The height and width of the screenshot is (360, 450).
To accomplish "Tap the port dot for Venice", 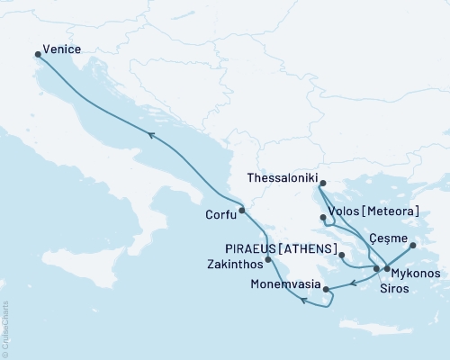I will (x=38, y=55).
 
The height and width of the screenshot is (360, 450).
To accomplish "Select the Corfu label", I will (x=220, y=215).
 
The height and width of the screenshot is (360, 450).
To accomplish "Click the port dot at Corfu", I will (x=242, y=211).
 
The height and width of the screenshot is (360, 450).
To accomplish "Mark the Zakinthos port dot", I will (x=268, y=259).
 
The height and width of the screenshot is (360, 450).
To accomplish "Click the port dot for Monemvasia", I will (x=326, y=290).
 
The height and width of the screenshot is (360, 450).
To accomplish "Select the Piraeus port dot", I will (x=342, y=256).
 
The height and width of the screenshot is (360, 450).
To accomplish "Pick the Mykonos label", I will (x=417, y=272).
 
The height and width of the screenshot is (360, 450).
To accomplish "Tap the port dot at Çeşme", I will (x=413, y=245).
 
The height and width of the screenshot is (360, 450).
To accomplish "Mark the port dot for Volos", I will (x=323, y=217).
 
